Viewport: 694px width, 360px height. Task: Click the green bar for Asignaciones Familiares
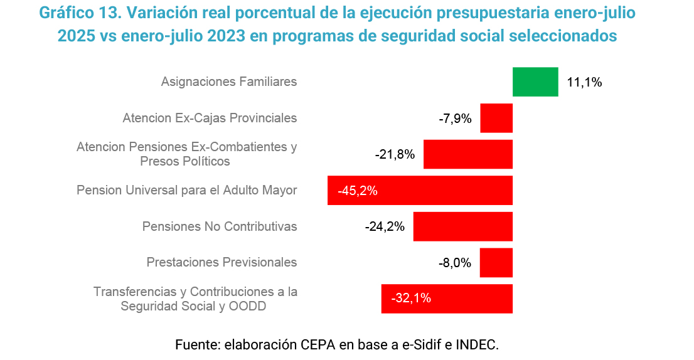(x=535, y=82)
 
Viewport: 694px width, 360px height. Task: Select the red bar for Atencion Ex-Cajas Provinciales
(x=496, y=118)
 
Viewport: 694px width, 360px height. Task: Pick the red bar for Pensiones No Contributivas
(x=462, y=226)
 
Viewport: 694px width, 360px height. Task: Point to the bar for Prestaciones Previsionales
(x=496, y=263)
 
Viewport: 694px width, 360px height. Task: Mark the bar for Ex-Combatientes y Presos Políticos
(x=468, y=154)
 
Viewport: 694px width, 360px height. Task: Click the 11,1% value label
(x=584, y=82)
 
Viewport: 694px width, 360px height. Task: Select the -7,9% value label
(x=455, y=119)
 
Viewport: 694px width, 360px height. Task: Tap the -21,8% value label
(x=395, y=154)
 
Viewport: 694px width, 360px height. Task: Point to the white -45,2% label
(x=358, y=191)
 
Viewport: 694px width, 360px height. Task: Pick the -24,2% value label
(x=385, y=227)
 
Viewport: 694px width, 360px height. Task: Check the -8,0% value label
(x=455, y=263)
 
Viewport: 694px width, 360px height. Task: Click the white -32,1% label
(x=411, y=299)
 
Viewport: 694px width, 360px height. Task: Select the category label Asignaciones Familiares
(x=229, y=82)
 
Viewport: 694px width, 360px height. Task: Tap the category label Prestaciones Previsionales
(x=222, y=263)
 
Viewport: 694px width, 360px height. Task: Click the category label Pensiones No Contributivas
(x=220, y=226)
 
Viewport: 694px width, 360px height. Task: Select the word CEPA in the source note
(x=318, y=344)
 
